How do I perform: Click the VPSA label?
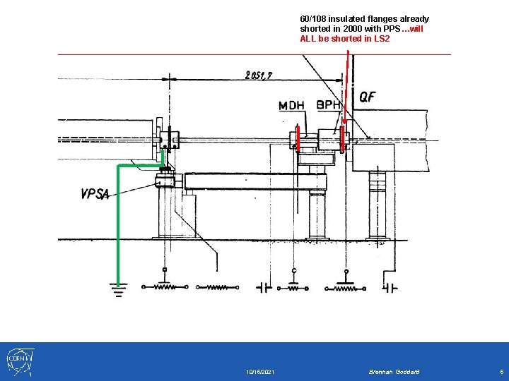coord(95,194)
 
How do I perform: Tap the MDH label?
coord(291,106)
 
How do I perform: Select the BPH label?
coord(328,104)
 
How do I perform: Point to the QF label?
coord(368,97)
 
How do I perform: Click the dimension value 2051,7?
coord(259,75)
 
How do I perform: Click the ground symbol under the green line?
coord(119,290)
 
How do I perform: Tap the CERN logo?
coord(20,362)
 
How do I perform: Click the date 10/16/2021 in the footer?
coord(259,372)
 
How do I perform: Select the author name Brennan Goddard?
coord(394,372)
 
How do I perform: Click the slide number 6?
coord(501,372)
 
